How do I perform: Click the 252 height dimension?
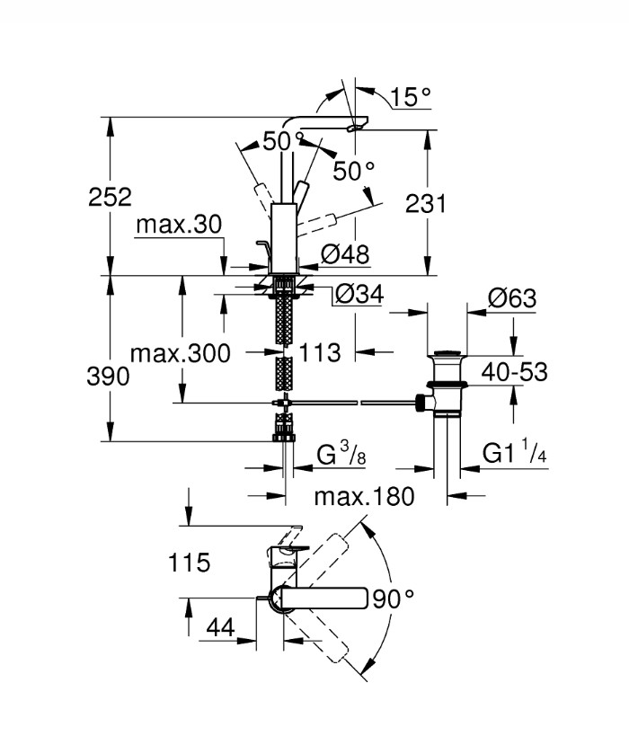[110, 197]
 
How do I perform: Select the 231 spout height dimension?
[426, 204]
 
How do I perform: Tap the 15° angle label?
[410, 97]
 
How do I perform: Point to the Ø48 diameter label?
[345, 254]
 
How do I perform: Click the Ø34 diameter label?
[359, 294]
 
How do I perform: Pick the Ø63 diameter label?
[511, 298]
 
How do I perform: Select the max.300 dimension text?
[181, 353]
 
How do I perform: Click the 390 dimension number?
[108, 377]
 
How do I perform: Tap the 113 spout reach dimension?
[320, 352]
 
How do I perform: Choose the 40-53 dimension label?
[515, 372]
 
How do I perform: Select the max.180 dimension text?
[364, 497]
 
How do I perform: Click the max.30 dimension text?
[179, 225]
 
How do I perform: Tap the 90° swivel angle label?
[394, 599]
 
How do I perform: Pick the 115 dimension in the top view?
[189, 563]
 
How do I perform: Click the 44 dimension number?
[221, 627]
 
